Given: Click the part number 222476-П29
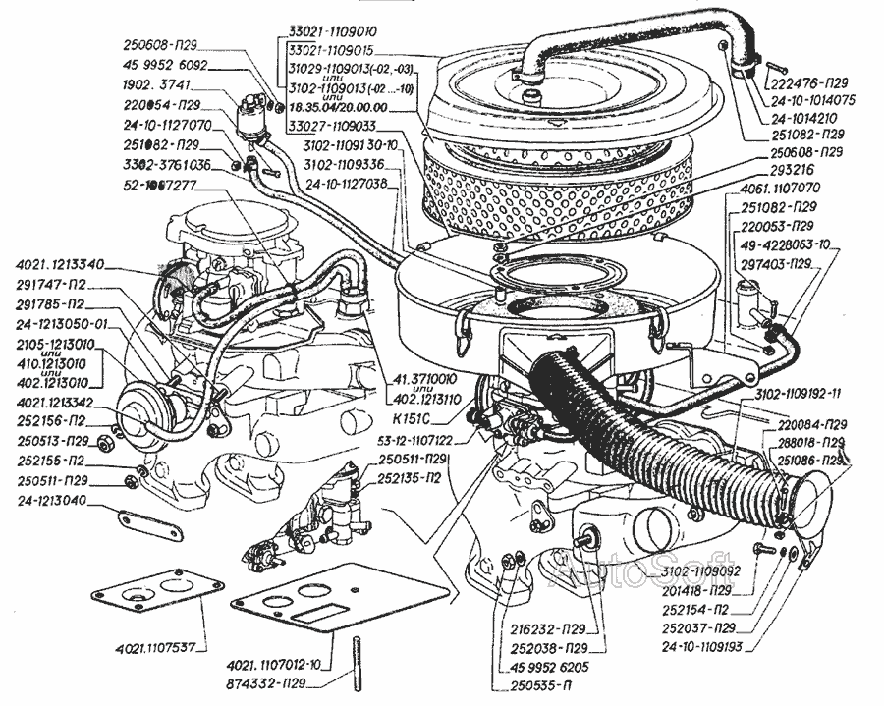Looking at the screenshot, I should (x=813, y=84).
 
